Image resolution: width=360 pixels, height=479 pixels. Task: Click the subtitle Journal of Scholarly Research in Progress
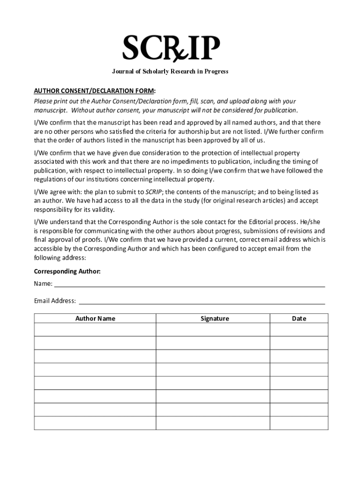[x=170, y=72]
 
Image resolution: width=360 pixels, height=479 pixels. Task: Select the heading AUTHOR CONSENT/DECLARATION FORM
[x=94, y=90]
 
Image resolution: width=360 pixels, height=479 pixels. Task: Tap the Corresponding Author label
[x=67, y=271]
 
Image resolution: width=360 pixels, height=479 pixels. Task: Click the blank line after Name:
[x=189, y=284]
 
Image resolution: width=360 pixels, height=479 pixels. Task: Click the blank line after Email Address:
[x=201, y=301]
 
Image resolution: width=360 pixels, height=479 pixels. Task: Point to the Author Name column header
[x=95, y=319]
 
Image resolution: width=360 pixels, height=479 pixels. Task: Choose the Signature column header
[x=215, y=319]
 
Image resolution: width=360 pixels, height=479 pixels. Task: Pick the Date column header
[x=299, y=319]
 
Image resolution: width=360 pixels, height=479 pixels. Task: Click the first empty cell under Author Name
[x=95, y=330]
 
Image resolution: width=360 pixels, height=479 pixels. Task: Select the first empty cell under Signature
[x=213, y=330]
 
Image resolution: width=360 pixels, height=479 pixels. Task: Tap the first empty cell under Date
[x=299, y=330]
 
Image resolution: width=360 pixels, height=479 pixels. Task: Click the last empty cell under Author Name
[x=95, y=423]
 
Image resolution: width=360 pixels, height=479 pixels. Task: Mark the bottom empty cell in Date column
[x=299, y=423]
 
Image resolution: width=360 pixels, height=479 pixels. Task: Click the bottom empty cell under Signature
[x=213, y=423]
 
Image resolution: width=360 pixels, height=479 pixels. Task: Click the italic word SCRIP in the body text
[x=153, y=192]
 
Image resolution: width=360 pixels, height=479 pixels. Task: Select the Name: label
[x=43, y=284]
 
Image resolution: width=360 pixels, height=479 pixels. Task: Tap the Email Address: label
[x=55, y=301]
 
